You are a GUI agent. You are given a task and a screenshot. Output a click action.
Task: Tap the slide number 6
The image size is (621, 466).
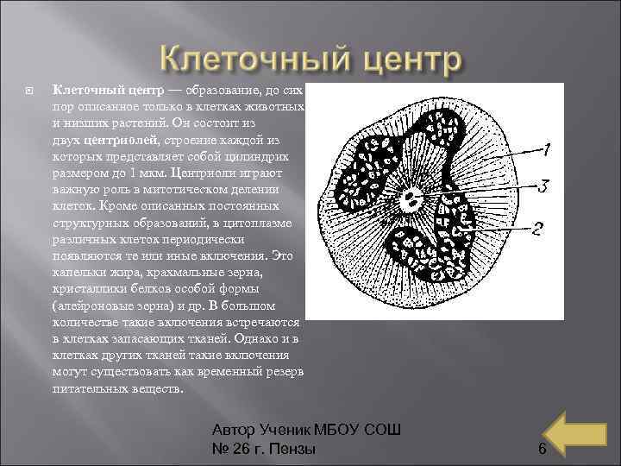[542, 449]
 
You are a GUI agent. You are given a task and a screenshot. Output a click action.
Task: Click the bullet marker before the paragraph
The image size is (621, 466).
[31, 89]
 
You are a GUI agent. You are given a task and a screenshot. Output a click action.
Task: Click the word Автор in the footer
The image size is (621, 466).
[235, 431]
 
